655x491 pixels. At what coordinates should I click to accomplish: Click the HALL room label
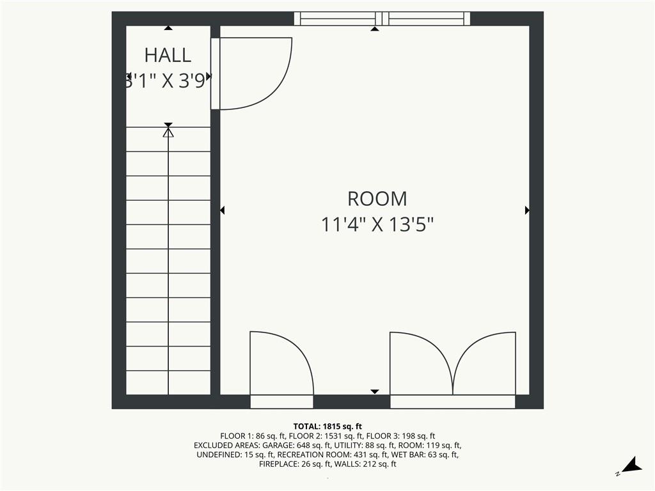coord(168,55)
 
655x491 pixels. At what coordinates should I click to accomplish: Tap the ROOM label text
coord(377,199)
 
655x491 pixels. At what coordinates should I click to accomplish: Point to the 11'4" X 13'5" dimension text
coord(377,225)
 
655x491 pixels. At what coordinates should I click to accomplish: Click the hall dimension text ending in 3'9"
coord(168,81)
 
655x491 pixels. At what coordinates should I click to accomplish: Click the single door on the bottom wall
coord(281,364)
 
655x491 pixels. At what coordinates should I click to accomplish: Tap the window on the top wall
coord(382,19)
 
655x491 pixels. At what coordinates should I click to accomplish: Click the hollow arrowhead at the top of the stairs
coord(168,132)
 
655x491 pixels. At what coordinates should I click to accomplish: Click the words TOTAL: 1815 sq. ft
coord(327,426)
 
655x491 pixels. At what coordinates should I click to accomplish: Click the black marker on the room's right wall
coord(527,210)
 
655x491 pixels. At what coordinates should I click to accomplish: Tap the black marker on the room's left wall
coord(223,210)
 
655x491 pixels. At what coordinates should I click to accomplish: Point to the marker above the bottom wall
coord(375,391)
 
